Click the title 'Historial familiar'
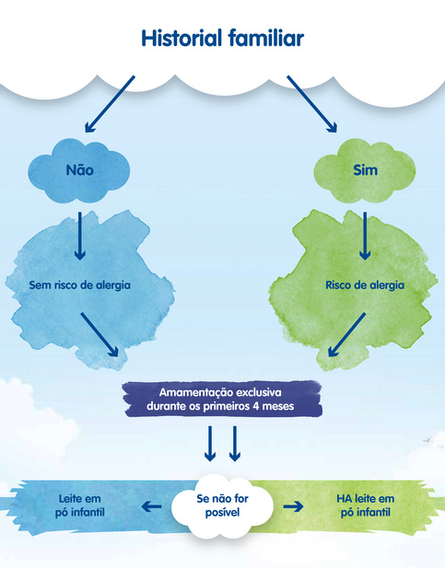(x=222, y=38)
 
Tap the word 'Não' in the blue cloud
(x=80, y=169)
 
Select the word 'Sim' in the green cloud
(x=365, y=170)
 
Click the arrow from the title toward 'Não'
(x=110, y=104)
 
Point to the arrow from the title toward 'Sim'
(x=312, y=104)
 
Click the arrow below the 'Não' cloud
(x=80, y=236)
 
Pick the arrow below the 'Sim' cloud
(x=365, y=236)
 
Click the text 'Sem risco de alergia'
(x=80, y=285)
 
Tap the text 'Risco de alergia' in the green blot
(x=365, y=285)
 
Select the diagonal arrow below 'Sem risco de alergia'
(x=100, y=335)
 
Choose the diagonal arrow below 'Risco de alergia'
(x=346, y=335)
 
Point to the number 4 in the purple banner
(x=256, y=406)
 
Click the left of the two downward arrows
(x=210, y=444)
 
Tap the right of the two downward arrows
(x=235, y=444)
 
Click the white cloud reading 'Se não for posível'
(x=222, y=505)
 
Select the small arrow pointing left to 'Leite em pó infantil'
(x=151, y=506)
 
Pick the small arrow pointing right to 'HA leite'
(x=293, y=506)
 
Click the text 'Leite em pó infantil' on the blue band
(x=80, y=505)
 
